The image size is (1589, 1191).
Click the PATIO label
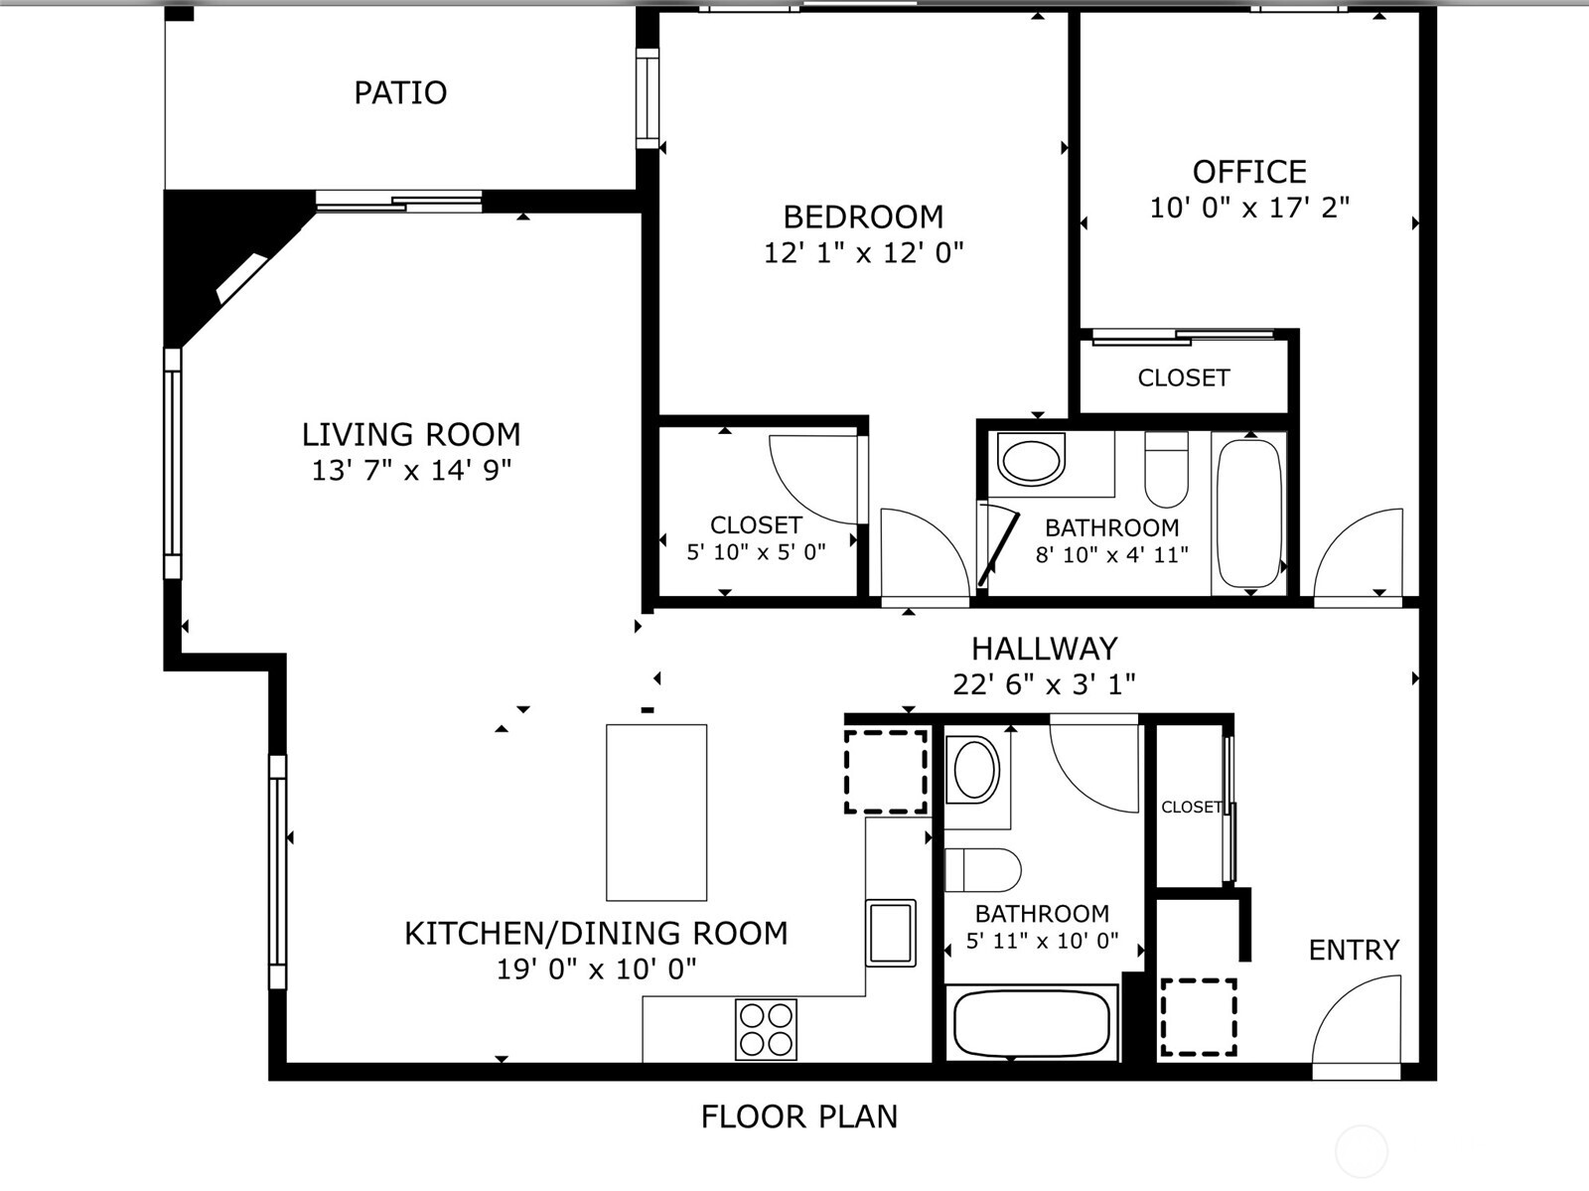(x=400, y=92)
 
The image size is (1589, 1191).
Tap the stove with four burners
(x=766, y=1029)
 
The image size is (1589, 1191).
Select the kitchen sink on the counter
(x=891, y=932)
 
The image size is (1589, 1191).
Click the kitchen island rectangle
(x=656, y=813)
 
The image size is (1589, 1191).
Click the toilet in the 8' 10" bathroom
(x=1166, y=470)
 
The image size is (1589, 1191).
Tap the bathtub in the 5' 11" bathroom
(x=1031, y=1023)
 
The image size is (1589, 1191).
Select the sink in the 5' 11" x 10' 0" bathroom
(x=974, y=770)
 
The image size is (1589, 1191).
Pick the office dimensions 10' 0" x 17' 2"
(x=1249, y=208)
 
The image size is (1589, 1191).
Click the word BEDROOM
(x=863, y=217)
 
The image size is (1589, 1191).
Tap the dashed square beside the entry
(x=1199, y=1017)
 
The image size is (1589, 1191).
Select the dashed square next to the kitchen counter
(x=886, y=772)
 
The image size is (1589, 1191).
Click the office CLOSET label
(x=1184, y=377)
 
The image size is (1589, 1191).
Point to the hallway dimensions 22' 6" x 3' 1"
(x=1044, y=683)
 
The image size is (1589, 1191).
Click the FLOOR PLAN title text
(x=798, y=1117)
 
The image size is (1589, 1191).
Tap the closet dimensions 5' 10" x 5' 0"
(x=756, y=552)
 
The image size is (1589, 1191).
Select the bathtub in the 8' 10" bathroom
(x=1249, y=515)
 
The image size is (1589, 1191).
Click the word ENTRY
(x=1354, y=950)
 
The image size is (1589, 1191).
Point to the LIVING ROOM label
(x=411, y=434)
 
